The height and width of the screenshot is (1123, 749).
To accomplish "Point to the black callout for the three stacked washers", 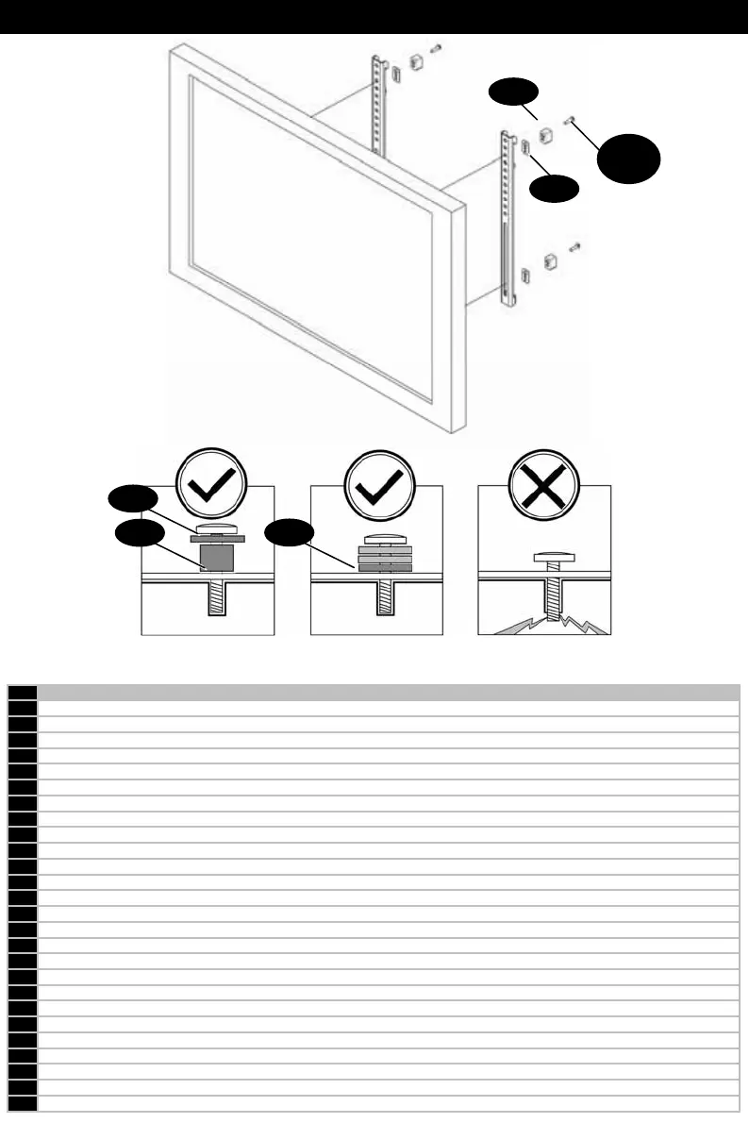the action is coord(290,536).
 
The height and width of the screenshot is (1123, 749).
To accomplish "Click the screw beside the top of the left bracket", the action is coord(436,46).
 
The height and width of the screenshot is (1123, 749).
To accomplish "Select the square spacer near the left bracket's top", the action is coord(416,61).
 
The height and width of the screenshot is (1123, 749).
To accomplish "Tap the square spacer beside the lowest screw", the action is coord(552,260).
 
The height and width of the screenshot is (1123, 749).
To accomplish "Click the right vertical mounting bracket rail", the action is coord(507,217).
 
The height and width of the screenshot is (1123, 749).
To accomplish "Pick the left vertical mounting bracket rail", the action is coord(380,104).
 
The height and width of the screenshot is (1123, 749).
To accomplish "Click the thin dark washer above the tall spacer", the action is coord(218,539).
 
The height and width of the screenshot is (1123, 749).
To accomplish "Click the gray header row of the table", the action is coord(387,692).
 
